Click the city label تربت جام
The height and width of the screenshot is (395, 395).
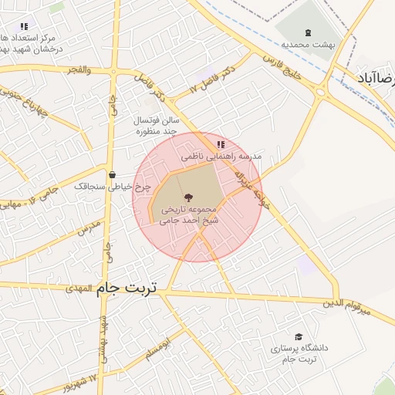click(127, 288)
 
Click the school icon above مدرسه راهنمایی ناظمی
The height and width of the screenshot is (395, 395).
click(221, 144)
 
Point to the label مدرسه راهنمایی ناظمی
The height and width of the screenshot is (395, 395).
click(221, 156)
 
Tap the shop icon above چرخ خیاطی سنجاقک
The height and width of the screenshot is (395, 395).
click(113, 174)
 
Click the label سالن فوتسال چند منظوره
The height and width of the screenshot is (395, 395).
click(158, 127)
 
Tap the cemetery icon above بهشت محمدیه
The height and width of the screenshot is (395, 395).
click(309, 32)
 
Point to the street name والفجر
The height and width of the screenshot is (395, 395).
click(79, 70)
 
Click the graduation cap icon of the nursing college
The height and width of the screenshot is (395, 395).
click(299, 336)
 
